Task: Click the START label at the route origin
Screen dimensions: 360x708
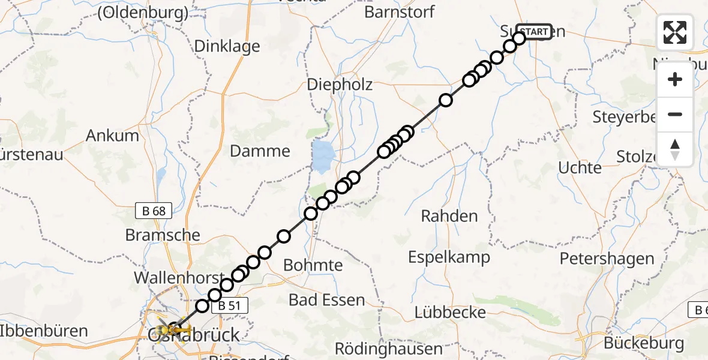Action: click(x=534, y=32)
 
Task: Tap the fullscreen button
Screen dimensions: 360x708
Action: click(x=675, y=32)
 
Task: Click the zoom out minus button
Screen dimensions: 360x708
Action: click(x=675, y=114)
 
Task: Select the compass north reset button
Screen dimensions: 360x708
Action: click(x=675, y=149)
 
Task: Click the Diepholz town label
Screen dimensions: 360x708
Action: click(x=340, y=85)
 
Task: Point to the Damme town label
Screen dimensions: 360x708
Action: click(x=260, y=151)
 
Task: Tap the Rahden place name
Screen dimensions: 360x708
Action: click(x=449, y=216)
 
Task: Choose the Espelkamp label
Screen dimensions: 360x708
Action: click(x=449, y=257)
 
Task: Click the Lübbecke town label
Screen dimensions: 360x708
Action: click(x=445, y=312)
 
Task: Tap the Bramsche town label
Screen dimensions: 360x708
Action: click(x=163, y=235)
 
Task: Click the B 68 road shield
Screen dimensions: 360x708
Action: click(x=154, y=211)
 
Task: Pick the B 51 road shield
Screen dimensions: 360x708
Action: click(x=229, y=305)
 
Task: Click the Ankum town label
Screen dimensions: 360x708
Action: click(x=112, y=135)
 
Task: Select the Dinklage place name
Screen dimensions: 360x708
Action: click(x=227, y=46)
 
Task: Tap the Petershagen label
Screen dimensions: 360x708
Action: click(x=607, y=259)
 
